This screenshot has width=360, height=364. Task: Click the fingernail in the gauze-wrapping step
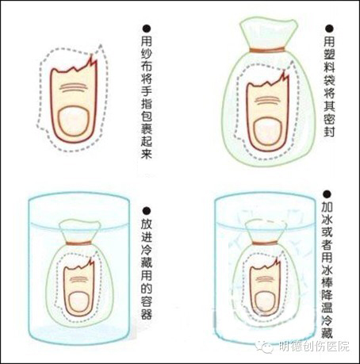(x=74, y=121)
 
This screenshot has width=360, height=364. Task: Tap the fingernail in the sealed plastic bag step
(x=267, y=132)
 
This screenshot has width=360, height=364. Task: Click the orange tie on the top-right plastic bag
(x=267, y=49)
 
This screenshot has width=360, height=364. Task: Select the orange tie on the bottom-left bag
(x=79, y=243)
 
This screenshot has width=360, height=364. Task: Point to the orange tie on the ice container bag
(x=266, y=243)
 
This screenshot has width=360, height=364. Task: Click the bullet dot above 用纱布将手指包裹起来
(x=146, y=28)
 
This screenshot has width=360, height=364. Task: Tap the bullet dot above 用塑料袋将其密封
(x=329, y=29)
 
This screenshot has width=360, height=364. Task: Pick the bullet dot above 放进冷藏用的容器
(x=146, y=211)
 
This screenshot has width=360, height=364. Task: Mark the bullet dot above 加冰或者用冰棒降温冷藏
(x=327, y=194)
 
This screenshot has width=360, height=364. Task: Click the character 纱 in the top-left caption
(x=146, y=53)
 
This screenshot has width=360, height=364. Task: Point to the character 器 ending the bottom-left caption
(x=146, y=313)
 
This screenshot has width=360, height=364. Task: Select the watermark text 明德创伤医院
(x=315, y=346)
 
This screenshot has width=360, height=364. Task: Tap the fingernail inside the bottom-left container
(x=79, y=301)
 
